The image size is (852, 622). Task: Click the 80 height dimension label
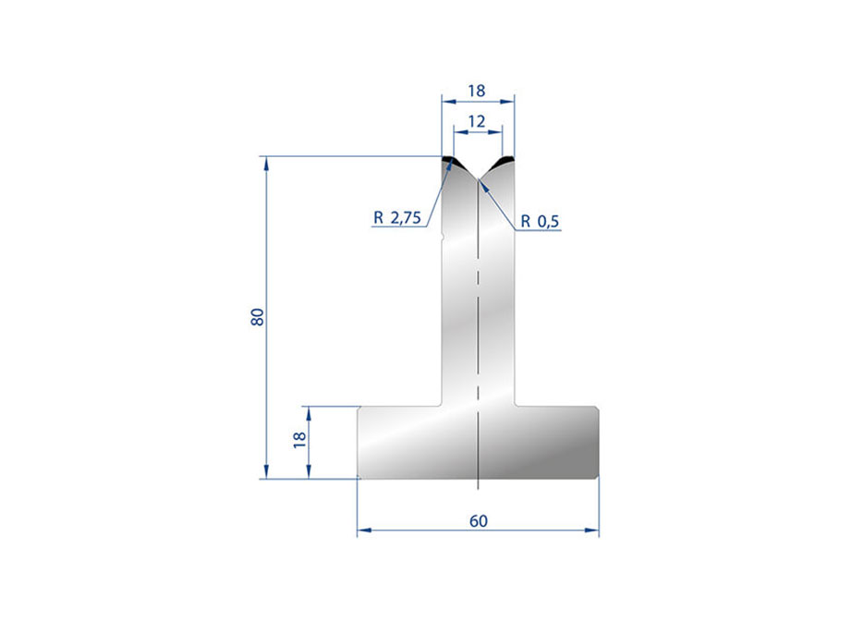coord(258,316)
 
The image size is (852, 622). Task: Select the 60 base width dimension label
coord(478,520)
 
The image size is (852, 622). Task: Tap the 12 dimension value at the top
coord(477,121)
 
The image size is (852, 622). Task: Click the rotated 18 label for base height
coord(298,440)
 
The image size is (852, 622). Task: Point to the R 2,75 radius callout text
coord(397,219)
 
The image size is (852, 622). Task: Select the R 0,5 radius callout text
coord(541,221)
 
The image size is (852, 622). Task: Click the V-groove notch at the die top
coord(478,177)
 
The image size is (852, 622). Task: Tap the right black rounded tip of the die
coord(505,163)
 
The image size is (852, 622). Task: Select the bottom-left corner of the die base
coord(359,478)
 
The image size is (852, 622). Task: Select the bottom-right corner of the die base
coord(597,478)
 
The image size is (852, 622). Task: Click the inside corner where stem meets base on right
coord(515,405)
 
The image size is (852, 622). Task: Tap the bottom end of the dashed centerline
coord(478,487)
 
